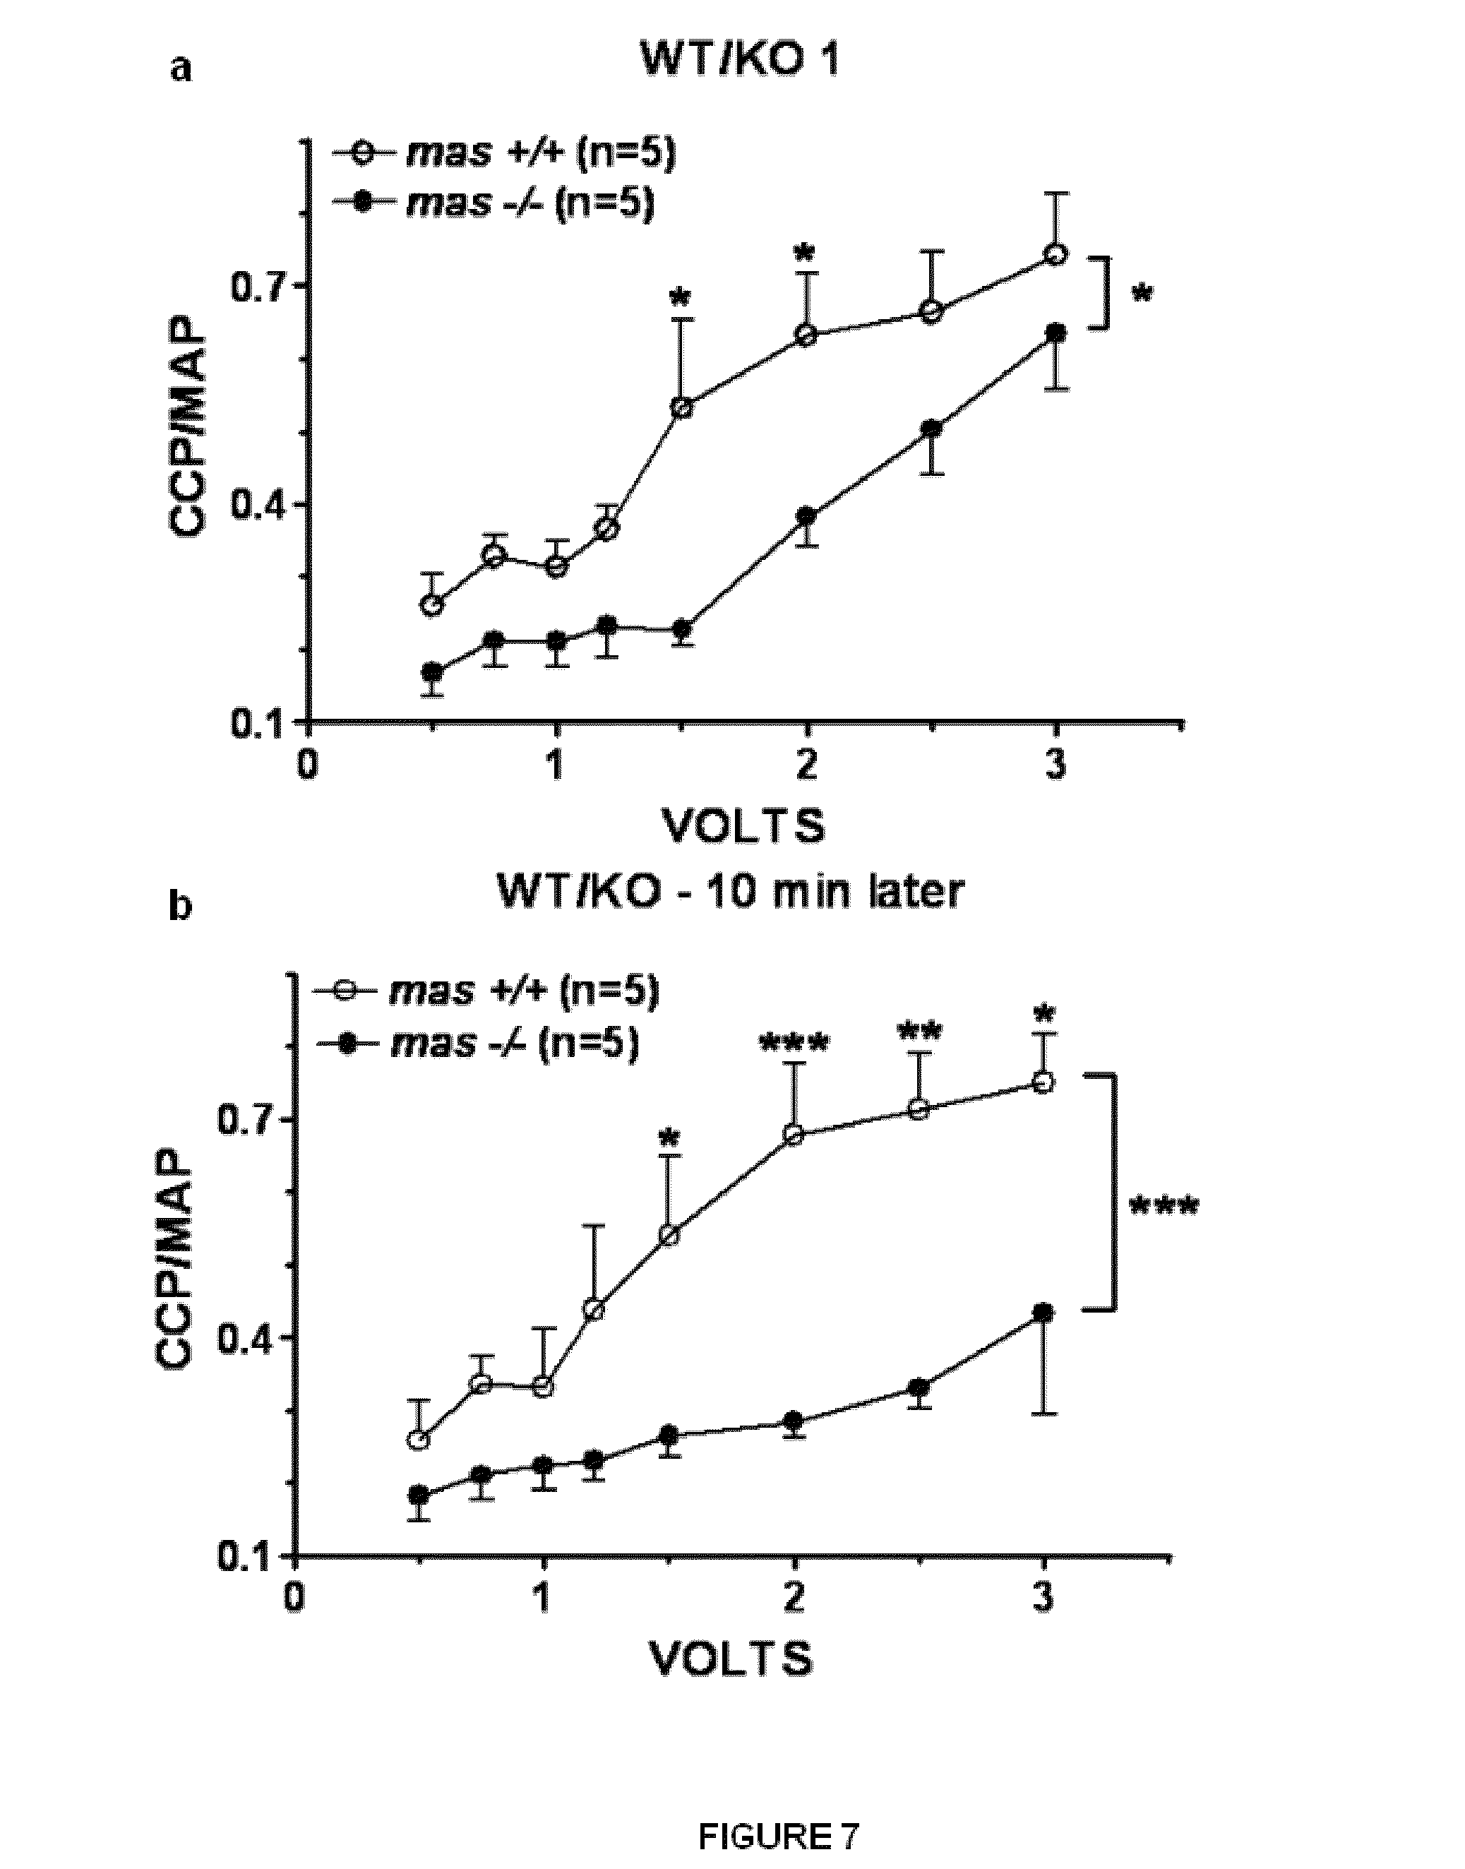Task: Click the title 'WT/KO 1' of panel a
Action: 739,64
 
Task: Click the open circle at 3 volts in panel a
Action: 1057,254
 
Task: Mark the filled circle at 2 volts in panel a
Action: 806,516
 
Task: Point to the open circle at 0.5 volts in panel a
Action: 433,604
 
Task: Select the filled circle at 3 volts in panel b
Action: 1043,1313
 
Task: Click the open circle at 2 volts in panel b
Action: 794,1135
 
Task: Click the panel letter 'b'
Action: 179,907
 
